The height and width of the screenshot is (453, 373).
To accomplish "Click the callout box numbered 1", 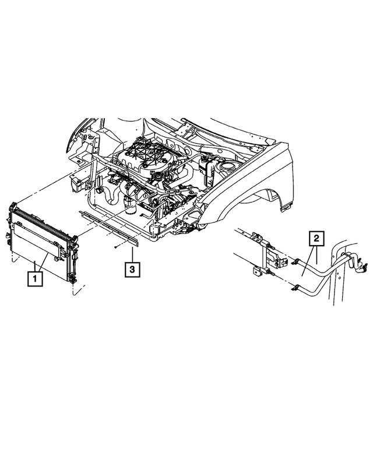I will (x=36, y=279).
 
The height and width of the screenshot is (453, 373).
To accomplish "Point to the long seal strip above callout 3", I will (x=111, y=225).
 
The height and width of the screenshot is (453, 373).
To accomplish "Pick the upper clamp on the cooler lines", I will (x=297, y=261).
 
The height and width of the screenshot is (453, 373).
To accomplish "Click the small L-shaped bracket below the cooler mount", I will (x=255, y=272).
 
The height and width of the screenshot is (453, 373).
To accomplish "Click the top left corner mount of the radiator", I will (x=12, y=206).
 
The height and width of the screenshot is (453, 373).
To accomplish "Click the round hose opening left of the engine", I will (x=99, y=190).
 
